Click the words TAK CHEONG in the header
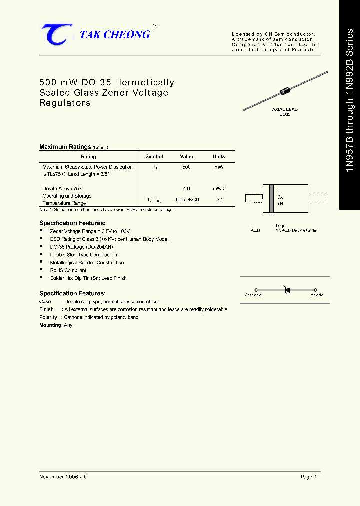[115, 34]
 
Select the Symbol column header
[154, 156]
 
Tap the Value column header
[186, 156]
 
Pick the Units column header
[219, 156]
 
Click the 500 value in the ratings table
[186, 167]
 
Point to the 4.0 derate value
[186, 189]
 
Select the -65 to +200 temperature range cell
[187, 199]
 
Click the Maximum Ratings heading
[65, 147]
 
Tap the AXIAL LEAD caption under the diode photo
[285, 109]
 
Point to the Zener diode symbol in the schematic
[286, 289]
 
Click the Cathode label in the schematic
[253, 295]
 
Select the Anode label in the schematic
[317, 295]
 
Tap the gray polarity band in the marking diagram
[271, 197]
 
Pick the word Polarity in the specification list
[48, 317]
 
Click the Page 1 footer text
[309, 477]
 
